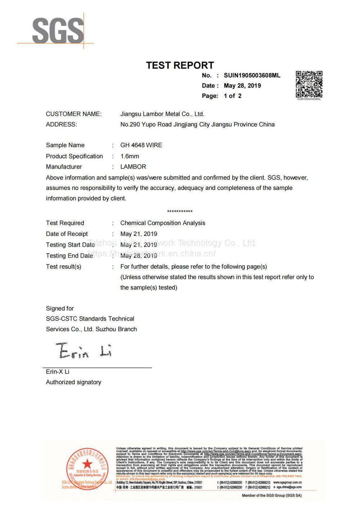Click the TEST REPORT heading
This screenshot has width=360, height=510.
coord(180,65)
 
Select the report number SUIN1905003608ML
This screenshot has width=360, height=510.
coord(252,75)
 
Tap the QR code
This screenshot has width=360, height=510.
coord(309,85)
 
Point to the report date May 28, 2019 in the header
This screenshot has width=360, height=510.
coord(242,86)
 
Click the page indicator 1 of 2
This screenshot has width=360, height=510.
coord(233,96)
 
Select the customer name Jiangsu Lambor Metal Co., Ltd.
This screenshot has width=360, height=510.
coord(162,114)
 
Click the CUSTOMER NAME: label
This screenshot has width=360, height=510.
coord(74,114)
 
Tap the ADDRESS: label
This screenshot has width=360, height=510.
coord(61,124)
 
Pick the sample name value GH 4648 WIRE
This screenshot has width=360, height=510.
coord(141,145)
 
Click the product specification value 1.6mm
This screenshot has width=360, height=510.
coord(130,156)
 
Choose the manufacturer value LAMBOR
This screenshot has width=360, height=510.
coord(133,167)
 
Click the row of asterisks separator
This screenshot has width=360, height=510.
coord(180,211)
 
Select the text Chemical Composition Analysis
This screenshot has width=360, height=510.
coord(163,223)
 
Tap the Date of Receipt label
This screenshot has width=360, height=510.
coord(67,234)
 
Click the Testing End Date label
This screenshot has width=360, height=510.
coord(69,256)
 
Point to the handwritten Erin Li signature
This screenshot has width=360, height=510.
coord(84,350)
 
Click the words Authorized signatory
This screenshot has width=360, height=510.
coord(73,382)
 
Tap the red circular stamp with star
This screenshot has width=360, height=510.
coord(87,467)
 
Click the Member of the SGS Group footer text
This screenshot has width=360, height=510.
coord(271,496)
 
